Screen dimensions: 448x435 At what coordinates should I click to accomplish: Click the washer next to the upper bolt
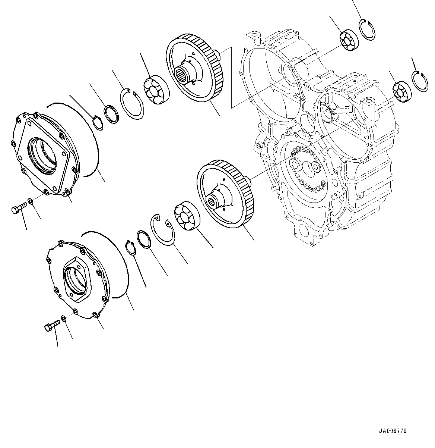[x=31, y=202]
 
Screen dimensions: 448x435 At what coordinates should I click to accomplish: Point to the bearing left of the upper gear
[x=155, y=91]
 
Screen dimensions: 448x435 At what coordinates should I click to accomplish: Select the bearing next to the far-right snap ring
[x=401, y=91]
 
